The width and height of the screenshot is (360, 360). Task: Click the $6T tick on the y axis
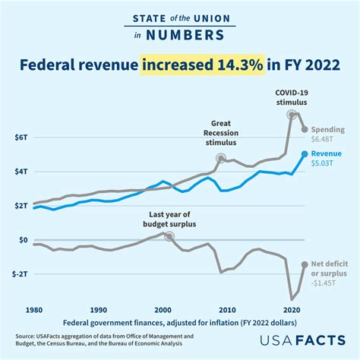21,137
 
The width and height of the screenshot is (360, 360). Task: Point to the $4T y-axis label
21,172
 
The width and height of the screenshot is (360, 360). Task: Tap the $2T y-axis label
21,206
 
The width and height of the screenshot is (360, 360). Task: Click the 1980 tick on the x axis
33,311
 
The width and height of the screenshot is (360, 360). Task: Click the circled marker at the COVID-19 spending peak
292,115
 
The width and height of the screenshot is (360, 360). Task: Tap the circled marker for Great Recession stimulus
221,159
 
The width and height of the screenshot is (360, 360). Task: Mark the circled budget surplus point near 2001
169,236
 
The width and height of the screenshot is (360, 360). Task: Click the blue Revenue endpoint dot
305,153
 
